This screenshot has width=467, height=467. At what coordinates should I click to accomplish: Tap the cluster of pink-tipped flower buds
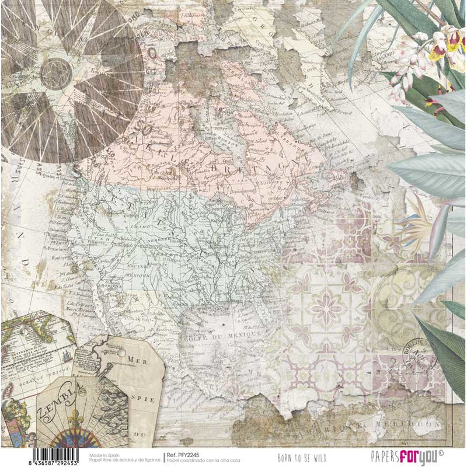(403, 82)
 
